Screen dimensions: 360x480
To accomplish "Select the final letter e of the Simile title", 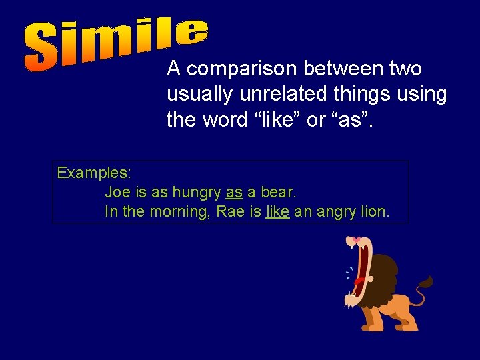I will (193, 30).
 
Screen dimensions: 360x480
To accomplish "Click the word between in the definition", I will (343, 69).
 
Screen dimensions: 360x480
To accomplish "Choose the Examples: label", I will (94, 173).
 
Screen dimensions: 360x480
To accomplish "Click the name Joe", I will (117, 193).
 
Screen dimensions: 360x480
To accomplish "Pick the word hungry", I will (196, 193).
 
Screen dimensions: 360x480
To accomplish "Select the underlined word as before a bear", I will (234, 193).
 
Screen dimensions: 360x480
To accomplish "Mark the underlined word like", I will (277, 212).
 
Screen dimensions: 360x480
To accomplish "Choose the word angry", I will (337, 212).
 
